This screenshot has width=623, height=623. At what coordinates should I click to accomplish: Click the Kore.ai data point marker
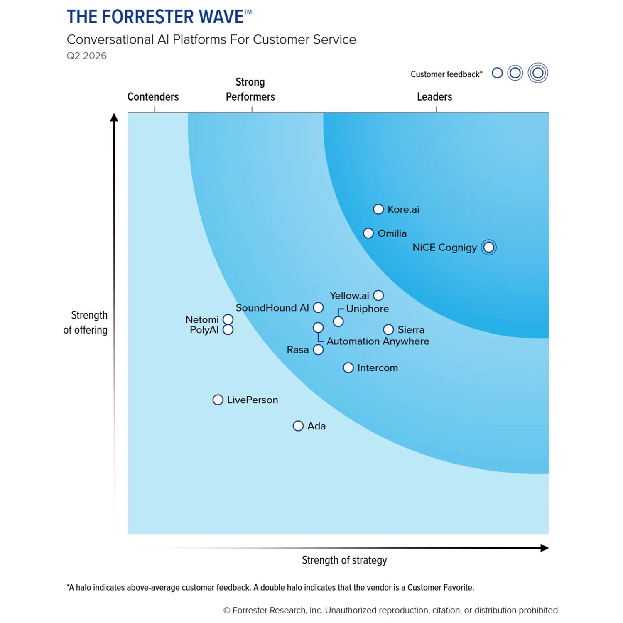pyautogui.click(x=378, y=209)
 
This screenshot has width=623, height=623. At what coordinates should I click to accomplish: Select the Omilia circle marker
pyautogui.click(x=368, y=233)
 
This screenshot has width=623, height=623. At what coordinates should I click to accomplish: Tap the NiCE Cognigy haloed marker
pyautogui.click(x=489, y=248)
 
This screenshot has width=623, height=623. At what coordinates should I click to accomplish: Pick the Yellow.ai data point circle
pyautogui.click(x=378, y=296)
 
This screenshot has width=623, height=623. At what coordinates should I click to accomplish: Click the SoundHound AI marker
pyautogui.click(x=318, y=308)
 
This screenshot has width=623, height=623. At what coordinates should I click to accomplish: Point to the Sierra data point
pyautogui.click(x=388, y=330)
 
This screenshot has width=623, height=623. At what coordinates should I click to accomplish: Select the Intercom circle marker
pyautogui.click(x=348, y=368)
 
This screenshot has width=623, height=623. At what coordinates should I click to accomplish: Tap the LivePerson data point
pyautogui.click(x=218, y=400)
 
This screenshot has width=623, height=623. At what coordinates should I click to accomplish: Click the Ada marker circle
pyautogui.click(x=298, y=426)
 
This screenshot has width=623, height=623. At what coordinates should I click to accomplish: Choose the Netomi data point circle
pyautogui.click(x=228, y=319)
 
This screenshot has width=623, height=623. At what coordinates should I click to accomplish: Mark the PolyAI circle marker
pyautogui.click(x=228, y=330)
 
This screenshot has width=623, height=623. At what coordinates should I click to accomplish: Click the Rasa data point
pyautogui.click(x=318, y=350)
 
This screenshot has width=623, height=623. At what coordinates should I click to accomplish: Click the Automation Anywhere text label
pyautogui.click(x=378, y=341)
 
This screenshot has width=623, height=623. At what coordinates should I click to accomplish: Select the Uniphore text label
pyautogui.click(x=367, y=309)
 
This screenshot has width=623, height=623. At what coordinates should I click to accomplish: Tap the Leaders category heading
pyautogui.click(x=434, y=97)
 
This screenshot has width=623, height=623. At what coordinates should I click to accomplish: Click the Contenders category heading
pyautogui.click(x=153, y=97)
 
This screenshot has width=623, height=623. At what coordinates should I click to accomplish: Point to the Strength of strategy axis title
pyautogui.click(x=344, y=560)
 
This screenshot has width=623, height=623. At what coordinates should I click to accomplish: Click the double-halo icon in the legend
pyautogui.click(x=538, y=73)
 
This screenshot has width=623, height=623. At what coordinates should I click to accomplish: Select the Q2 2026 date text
pyautogui.click(x=87, y=56)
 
